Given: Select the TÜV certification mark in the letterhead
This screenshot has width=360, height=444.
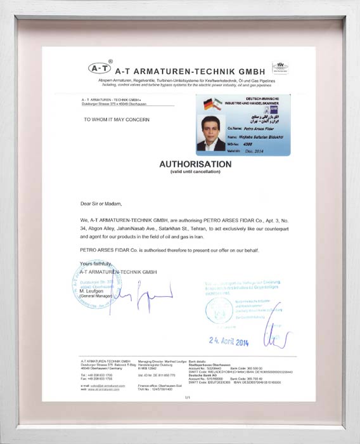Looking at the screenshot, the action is coord(280,67).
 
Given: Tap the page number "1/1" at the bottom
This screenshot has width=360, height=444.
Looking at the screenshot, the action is coord(187,397).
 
